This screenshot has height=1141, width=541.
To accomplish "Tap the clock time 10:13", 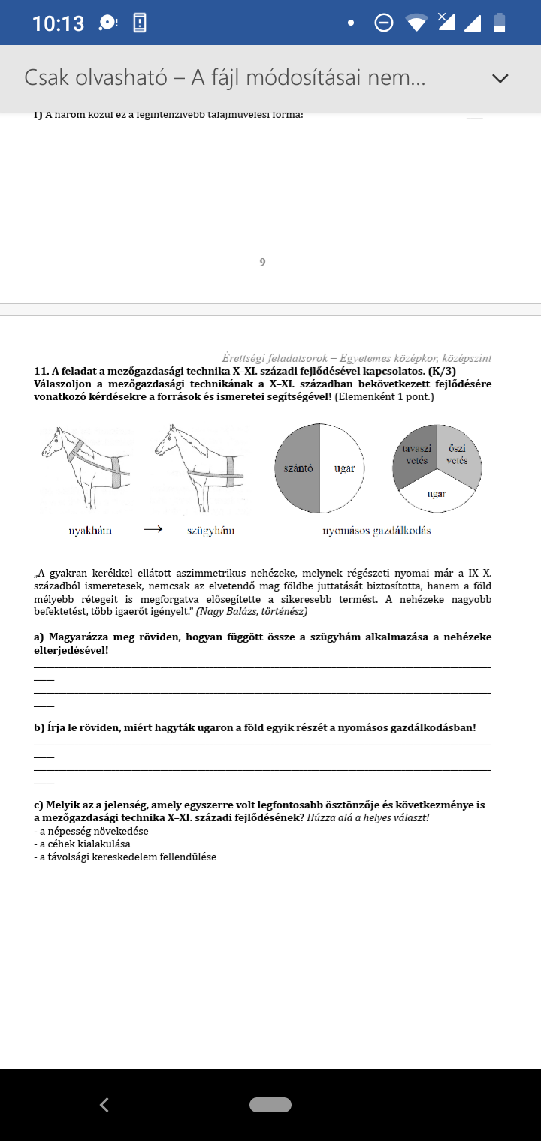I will (x=58, y=23).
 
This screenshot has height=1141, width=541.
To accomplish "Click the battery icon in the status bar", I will (x=500, y=23).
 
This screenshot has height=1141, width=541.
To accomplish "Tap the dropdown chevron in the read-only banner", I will (x=500, y=78).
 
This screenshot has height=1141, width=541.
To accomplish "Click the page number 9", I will (x=262, y=262).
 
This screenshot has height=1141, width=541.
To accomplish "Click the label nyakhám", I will (x=90, y=531).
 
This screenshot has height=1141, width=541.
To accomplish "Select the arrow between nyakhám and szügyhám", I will (x=153, y=529).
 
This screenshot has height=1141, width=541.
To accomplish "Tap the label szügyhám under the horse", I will (x=211, y=531).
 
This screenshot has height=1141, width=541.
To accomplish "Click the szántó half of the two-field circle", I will (x=298, y=468).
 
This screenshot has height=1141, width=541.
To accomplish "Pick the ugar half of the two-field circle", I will (x=344, y=468).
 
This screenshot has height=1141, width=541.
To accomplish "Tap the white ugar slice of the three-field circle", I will (x=437, y=495).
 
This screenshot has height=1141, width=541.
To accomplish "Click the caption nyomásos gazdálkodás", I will (x=376, y=531).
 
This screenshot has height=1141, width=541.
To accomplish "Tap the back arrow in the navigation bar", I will (x=104, y=1104).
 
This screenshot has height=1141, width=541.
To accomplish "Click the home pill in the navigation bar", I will (x=270, y=1104).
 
